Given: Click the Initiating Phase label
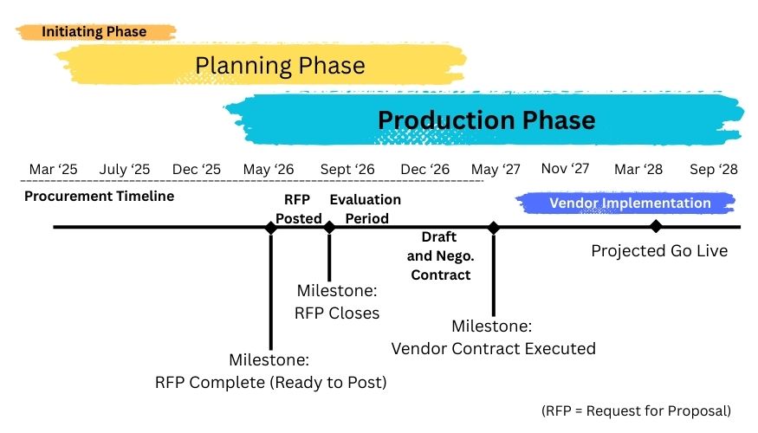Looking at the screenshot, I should [x=94, y=32].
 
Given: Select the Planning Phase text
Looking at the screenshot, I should [x=280, y=66].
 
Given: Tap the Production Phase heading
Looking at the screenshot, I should [x=487, y=120].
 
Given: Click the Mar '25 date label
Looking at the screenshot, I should [x=54, y=169].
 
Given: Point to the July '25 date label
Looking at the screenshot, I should [x=125, y=169].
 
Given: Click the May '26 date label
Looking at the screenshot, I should [x=269, y=169].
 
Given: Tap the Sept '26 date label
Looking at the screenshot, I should [x=347, y=169].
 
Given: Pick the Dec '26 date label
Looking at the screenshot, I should [x=425, y=169].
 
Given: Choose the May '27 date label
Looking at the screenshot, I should [x=496, y=169].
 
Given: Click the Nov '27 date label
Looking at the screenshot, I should [x=566, y=168].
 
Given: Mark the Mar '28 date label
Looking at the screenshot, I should [x=638, y=169].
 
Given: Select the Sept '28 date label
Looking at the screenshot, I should [x=714, y=169].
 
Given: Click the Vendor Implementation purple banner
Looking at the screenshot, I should [x=630, y=204].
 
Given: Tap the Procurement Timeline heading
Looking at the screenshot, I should [x=99, y=196].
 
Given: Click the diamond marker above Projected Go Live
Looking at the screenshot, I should [x=656, y=226].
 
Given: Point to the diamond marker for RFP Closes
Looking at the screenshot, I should [x=329, y=227].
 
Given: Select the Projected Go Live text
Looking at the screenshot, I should [x=659, y=251].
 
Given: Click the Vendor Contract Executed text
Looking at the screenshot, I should [x=493, y=349].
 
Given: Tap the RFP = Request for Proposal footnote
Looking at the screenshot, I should [x=637, y=410].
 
